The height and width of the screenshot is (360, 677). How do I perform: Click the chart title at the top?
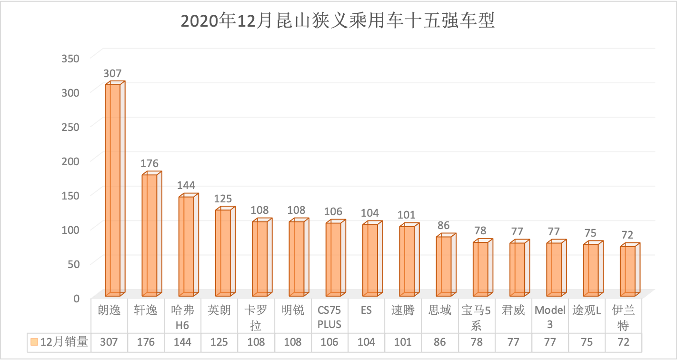pyautogui.click(x=338, y=21)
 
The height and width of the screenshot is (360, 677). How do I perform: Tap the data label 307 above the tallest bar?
pyautogui.click(x=113, y=74)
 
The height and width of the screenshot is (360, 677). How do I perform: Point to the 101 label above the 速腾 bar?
pyautogui.click(x=407, y=215)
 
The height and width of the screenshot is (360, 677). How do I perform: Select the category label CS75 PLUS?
pyautogui.click(x=329, y=318)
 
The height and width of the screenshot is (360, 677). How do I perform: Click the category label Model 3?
pyautogui.click(x=550, y=318)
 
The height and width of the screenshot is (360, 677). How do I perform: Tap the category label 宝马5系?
pyautogui.click(x=477, y=318)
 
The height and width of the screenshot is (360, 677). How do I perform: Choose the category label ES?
pyautogui.click(x=366, y=310)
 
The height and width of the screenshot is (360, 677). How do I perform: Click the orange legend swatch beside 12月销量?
pyautogui.click(x=34, y=342)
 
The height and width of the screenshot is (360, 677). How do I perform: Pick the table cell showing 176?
pyautogui.click(x=146, y=342)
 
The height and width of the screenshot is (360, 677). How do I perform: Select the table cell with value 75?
pyautogui.click(x=587, y=342)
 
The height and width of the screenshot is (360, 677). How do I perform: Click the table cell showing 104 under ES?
pyautogui.click(x=366, y=342)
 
